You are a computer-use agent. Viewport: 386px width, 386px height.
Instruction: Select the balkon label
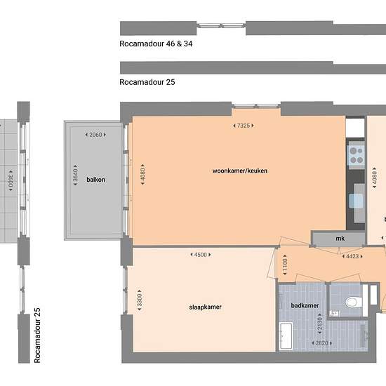click(x=95, y=180)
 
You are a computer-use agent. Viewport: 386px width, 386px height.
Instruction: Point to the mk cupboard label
click(x=340, y=239)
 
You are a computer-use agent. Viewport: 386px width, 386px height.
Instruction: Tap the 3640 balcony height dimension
click(x=75, y=179)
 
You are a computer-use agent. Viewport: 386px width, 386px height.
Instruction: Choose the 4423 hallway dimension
click(x=352, y=257)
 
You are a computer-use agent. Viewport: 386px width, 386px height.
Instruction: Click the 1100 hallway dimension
click(x=284, y=265)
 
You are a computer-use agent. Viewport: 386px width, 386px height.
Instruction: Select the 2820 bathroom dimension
click(x=322, y=343)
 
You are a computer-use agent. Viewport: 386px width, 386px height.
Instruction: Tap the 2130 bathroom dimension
click(x=319, y=325)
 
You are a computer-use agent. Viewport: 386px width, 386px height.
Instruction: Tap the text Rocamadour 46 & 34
click(x=157, y=43)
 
